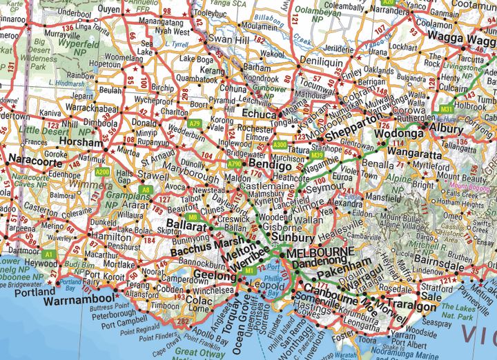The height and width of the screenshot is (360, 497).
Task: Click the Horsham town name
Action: pos(81,141)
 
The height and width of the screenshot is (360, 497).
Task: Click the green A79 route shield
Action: pos(195,124)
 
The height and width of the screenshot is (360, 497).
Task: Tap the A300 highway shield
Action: pos(279,145)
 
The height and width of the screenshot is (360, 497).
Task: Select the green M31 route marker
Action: pos(447,108)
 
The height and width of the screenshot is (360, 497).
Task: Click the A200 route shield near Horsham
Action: pos(102,171)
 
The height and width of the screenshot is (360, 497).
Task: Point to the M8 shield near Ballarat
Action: pos(193,217)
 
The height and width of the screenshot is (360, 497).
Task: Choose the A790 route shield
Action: pos(234,164)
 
